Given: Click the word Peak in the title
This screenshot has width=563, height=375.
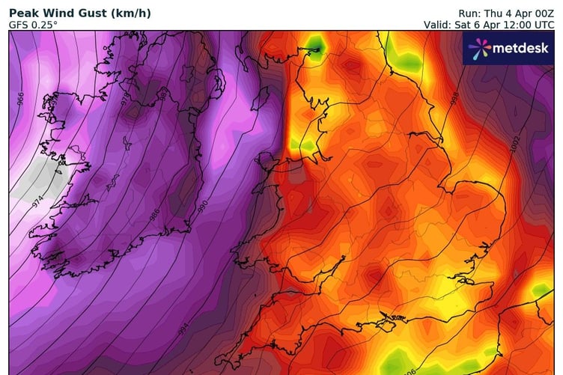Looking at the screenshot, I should (x=23, y=12).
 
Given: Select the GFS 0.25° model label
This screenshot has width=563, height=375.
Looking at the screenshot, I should (x=33, y=25).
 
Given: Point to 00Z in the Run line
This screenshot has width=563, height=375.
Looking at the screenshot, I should (x=540, y=13).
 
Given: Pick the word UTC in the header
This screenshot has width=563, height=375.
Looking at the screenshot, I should (x=541, y=25).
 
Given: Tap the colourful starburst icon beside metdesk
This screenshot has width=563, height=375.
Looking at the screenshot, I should (x=479, y=49).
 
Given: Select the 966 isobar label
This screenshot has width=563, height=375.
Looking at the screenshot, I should (x=21, y=98).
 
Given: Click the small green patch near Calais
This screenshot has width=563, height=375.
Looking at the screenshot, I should (x=541, y=290).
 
